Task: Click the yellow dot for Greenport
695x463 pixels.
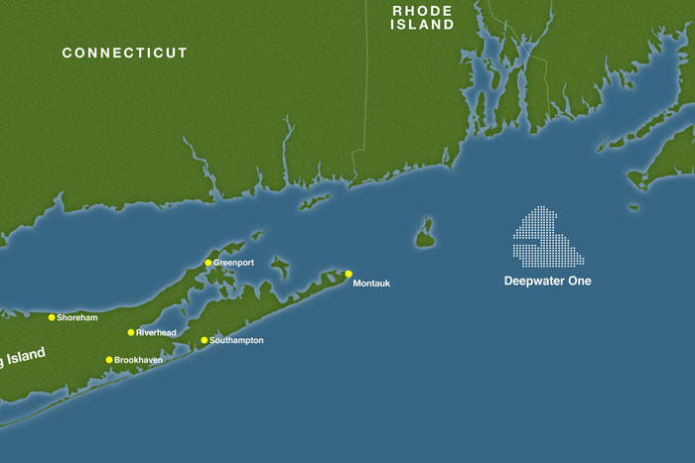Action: point(208,263)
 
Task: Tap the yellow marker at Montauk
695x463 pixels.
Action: point(348,274)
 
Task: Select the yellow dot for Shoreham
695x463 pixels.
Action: point(52,317)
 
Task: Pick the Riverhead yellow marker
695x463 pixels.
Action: point(131,332)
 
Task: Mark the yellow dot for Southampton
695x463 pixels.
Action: point(205,340)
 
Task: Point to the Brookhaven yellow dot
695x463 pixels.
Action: point(109,360)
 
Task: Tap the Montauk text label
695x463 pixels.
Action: point(372,284)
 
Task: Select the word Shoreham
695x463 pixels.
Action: point(78,318)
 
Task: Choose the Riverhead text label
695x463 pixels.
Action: point(156,333)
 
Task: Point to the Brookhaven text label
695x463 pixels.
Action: point(138,360)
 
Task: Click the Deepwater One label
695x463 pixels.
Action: point(547,282)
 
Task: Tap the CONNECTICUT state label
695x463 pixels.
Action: point(124,53)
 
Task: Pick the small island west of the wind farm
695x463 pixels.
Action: point(425,234)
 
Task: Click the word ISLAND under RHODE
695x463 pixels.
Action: point(422,25)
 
